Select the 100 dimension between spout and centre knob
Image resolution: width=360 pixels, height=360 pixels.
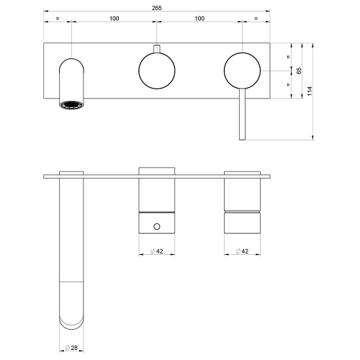(x=114, y=18)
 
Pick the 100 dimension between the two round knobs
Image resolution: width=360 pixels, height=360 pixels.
(x=199, y=18)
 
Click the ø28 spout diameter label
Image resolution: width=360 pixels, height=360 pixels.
(x=71, y=348)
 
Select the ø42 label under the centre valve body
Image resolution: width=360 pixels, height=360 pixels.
(x=156, y=251)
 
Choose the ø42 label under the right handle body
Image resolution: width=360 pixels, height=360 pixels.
(x=242, y=251)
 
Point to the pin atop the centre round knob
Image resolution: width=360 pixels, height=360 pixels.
(x=156, y=49)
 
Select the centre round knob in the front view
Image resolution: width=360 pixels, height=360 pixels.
(x=156, y=71)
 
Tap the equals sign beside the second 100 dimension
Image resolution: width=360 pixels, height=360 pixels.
(x=257, y=18)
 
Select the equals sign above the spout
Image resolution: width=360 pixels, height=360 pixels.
(x=58, y=18)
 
